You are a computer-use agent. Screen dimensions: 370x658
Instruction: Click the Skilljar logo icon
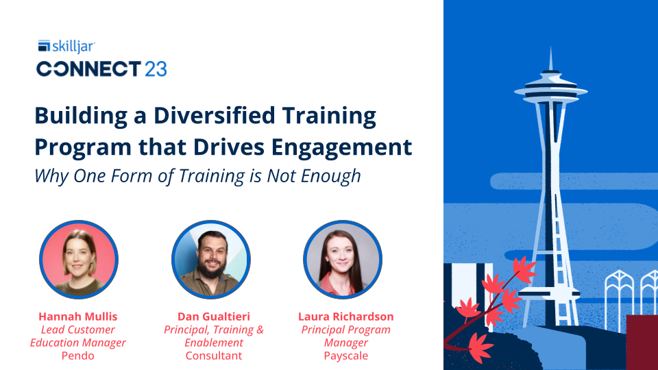coord(43,47)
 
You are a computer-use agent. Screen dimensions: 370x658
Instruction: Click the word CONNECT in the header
coord(88,69)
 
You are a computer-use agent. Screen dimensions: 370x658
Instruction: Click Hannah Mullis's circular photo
coord(78,260)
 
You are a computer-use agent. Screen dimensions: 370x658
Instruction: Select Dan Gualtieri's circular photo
coord(210,260)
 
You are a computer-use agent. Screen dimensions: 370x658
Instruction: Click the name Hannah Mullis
coord(78,317)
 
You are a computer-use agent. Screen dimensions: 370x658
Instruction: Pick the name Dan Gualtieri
coord(213,317)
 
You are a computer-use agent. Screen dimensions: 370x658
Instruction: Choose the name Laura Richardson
coord(346,317)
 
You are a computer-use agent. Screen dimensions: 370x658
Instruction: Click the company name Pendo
coord(77,356)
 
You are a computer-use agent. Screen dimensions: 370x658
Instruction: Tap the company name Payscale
coord(346,356)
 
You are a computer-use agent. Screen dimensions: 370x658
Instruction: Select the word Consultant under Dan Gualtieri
coord(213,356)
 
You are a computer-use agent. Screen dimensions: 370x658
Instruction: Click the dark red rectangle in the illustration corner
coord(642,342)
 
